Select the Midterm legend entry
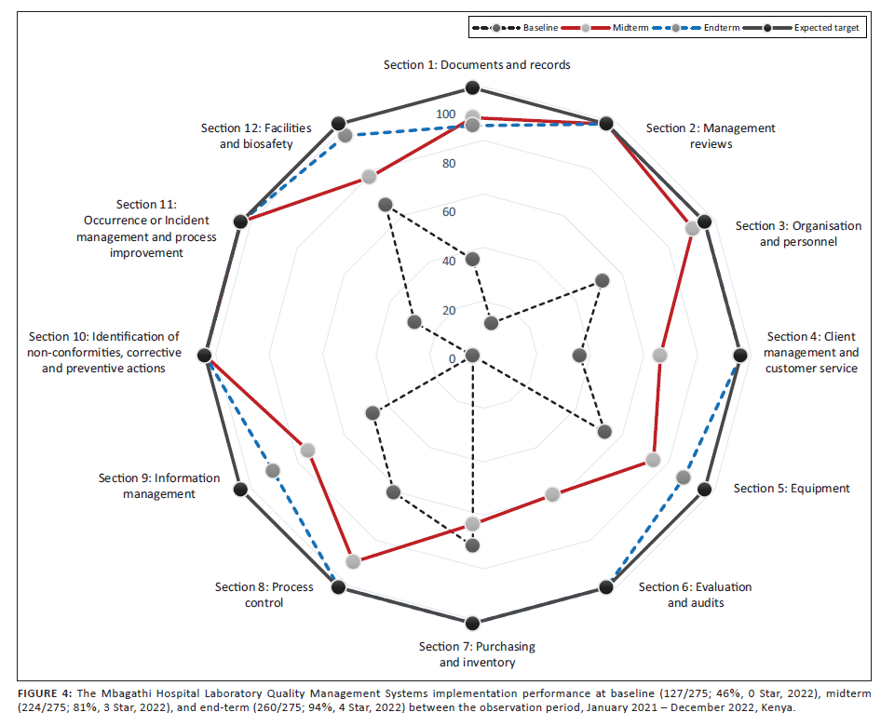click(x=605, y=27)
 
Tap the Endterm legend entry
click(x=696, y=27)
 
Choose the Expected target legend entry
click(x=802, y=27)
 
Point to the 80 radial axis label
click(x=449, y=164)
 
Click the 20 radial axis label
click(x=449, y=310)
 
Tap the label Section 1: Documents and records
click(x=477, y=65)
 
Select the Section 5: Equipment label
click(x=792, y=489)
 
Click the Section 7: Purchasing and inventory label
click(x=477, y=654)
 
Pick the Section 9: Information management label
click(x=159, y=486)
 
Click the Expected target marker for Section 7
click(x=472, y=623)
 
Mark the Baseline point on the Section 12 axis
click(x=386, y=205)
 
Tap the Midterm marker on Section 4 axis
click(x=659, y=356)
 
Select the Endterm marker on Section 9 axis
click(x=273, y=471)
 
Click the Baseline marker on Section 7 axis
click(x=472, y=546)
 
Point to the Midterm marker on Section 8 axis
click(x=353, y=561)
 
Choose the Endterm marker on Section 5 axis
click(x=683, y=477)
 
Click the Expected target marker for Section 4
click(x=740, y=356)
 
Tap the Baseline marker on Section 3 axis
click(x=603, y=280)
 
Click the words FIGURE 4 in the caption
click(x=45, y=693)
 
